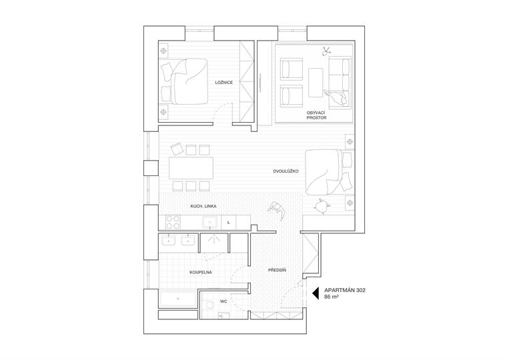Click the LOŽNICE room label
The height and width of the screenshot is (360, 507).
click(x=223, y=83)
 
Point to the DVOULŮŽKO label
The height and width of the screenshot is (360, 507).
click(x=286, y=171)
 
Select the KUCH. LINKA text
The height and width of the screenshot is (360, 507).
click(x=203, y=207)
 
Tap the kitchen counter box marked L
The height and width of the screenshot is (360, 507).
click(x=229, y=223)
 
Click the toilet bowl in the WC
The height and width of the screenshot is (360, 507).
click(x=211, y=305)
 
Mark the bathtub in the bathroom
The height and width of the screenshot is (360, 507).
click(x=178, y=299)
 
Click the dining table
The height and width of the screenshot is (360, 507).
click(x=191, y=166)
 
